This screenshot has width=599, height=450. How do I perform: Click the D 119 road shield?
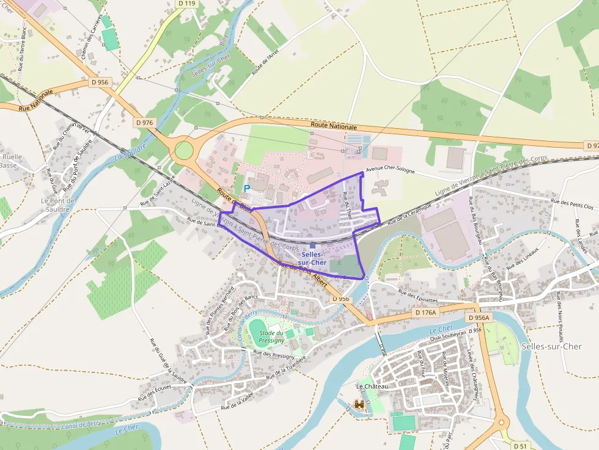click(x=187, y=4)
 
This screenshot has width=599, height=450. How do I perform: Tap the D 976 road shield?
click(x=144, y=122)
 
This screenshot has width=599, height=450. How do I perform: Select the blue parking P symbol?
click(x=247, y=189)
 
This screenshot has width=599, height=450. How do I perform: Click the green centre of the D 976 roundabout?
click(x=183, y=150)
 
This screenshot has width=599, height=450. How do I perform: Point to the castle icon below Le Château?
click(x=359, y=404)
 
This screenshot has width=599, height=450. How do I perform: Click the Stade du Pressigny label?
click(x=271, y=336)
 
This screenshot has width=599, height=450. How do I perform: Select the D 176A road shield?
click(x=425, y=313)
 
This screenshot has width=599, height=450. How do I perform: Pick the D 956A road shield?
click(x=479, y=318)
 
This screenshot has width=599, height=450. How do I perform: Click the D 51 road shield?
click(x=520, y=445)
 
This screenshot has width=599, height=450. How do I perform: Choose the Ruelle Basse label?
click(x=11, y=161)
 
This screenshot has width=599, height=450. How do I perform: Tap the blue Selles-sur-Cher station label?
click(x=314, y=258)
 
